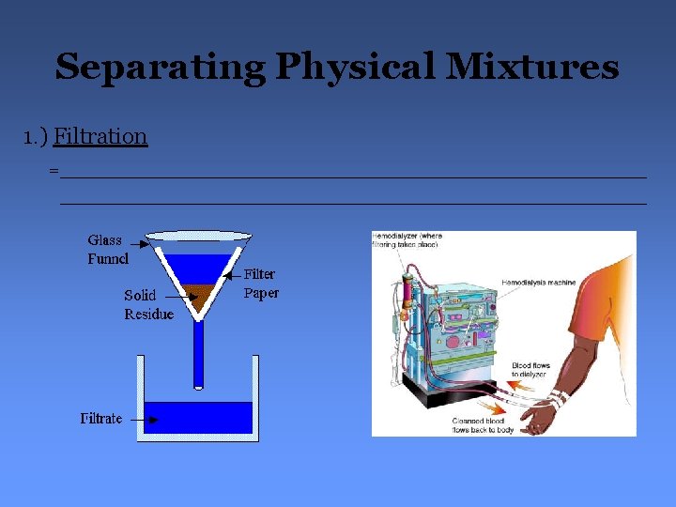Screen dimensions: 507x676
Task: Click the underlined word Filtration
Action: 100,136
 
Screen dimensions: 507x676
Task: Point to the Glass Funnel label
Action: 106,249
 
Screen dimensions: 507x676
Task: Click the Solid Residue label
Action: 148,304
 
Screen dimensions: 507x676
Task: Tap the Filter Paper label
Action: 261,284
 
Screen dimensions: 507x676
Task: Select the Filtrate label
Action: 101,419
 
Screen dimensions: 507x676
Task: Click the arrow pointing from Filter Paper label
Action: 235,277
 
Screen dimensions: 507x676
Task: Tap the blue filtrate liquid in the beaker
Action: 199,418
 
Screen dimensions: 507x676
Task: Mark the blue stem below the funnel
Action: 199,352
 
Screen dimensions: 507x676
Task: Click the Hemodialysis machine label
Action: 539,282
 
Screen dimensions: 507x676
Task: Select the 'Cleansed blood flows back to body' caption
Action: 483,425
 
